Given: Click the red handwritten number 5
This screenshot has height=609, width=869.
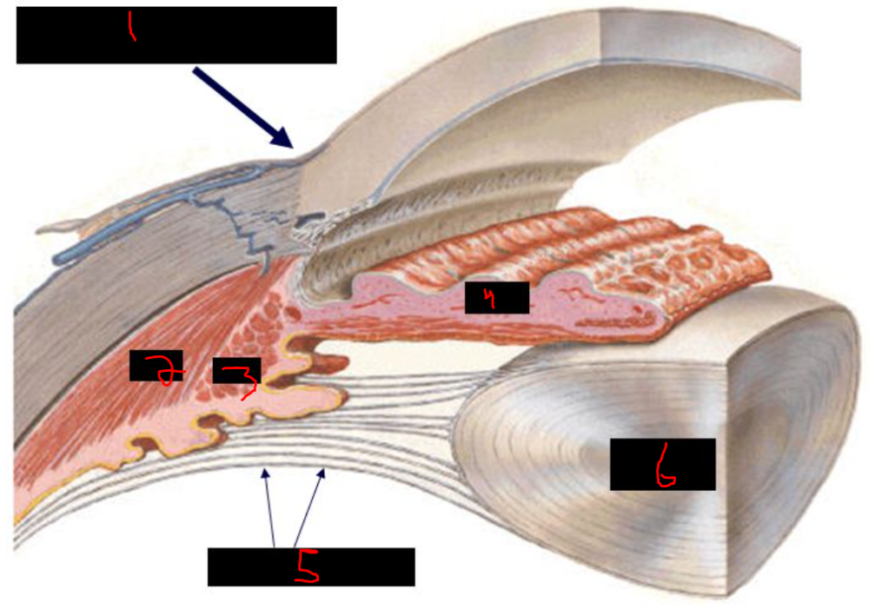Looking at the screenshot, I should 307,566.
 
